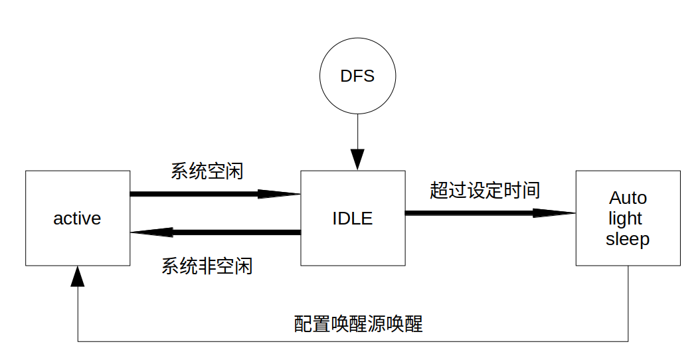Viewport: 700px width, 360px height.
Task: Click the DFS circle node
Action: (x=357, y=76)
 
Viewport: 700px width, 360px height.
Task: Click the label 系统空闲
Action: (x=207, y=171)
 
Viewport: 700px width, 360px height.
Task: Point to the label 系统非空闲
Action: (x=207, y=266)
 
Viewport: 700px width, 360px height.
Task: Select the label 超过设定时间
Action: (x=485, y=191)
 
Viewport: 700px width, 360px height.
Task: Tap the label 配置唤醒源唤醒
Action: (x=358, y=323)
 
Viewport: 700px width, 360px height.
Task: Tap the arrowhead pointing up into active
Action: (x=78, y=277)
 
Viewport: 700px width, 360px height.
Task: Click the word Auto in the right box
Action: (x=628, y=198)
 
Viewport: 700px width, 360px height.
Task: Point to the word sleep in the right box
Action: (x=628, y=239)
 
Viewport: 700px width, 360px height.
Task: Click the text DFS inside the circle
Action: (x=357, y=76)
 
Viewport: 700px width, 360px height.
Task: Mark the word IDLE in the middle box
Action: (x=353, y=218)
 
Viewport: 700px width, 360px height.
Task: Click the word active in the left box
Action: (x=77, y=219)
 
